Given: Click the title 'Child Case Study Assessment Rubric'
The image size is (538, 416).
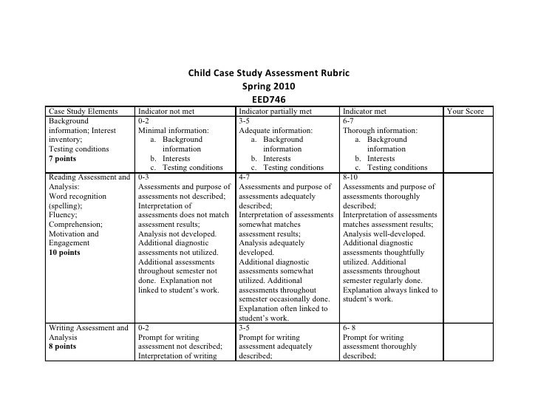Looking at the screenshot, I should [x=268, y=74].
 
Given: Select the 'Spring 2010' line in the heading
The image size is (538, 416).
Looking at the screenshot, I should [x=268, y=86].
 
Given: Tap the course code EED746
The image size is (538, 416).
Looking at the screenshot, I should [x=268, y=99].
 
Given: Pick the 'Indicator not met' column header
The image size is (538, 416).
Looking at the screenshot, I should [x=166, y=112].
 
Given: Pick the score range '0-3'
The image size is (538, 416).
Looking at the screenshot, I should [x=145, y=177].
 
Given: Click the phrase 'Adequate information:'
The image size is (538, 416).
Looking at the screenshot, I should [x=276, y=130].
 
